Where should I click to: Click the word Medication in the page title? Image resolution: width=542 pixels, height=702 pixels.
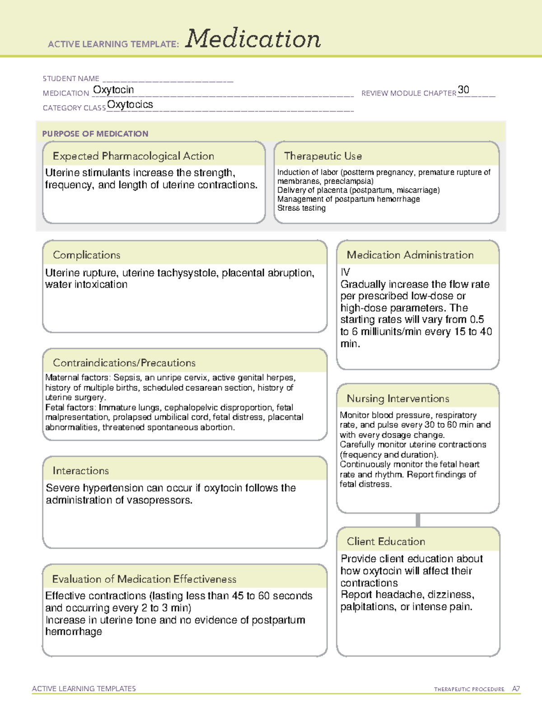point(253,39)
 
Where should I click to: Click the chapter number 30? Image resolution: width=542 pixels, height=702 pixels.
point(463,90)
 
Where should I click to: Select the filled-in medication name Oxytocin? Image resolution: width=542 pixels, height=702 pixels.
point(113,90)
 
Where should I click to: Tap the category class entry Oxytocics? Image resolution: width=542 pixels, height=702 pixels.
point(130,104)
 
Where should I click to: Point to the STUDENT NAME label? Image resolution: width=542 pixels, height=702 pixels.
point(71,79)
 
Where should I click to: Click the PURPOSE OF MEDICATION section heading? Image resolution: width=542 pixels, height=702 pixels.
point(95,134)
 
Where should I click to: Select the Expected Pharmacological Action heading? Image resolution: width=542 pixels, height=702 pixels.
point(133,156)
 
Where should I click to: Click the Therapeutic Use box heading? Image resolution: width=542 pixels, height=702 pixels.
point(322,156)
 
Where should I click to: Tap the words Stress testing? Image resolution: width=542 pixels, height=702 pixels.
point(301,208)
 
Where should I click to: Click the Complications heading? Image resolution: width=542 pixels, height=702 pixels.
point(86,255)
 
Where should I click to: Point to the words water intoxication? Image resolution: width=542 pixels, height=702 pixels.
point(86,285)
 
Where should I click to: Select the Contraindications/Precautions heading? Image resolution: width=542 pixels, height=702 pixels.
point(124,363)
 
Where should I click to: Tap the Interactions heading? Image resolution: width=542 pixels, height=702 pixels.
point(81,471)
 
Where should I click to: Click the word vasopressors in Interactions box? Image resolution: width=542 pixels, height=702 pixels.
point(165,500)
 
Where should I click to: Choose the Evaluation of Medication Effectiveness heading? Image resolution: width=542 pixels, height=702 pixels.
point(144,579)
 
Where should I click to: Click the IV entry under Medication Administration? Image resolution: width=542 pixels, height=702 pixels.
point(345,272)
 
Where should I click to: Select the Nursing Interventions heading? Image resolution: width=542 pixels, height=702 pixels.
point(398,399)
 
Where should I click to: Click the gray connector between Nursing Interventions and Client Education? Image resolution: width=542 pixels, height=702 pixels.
point(418,520)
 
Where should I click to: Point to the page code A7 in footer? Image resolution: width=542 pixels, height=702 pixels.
point(516,689)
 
